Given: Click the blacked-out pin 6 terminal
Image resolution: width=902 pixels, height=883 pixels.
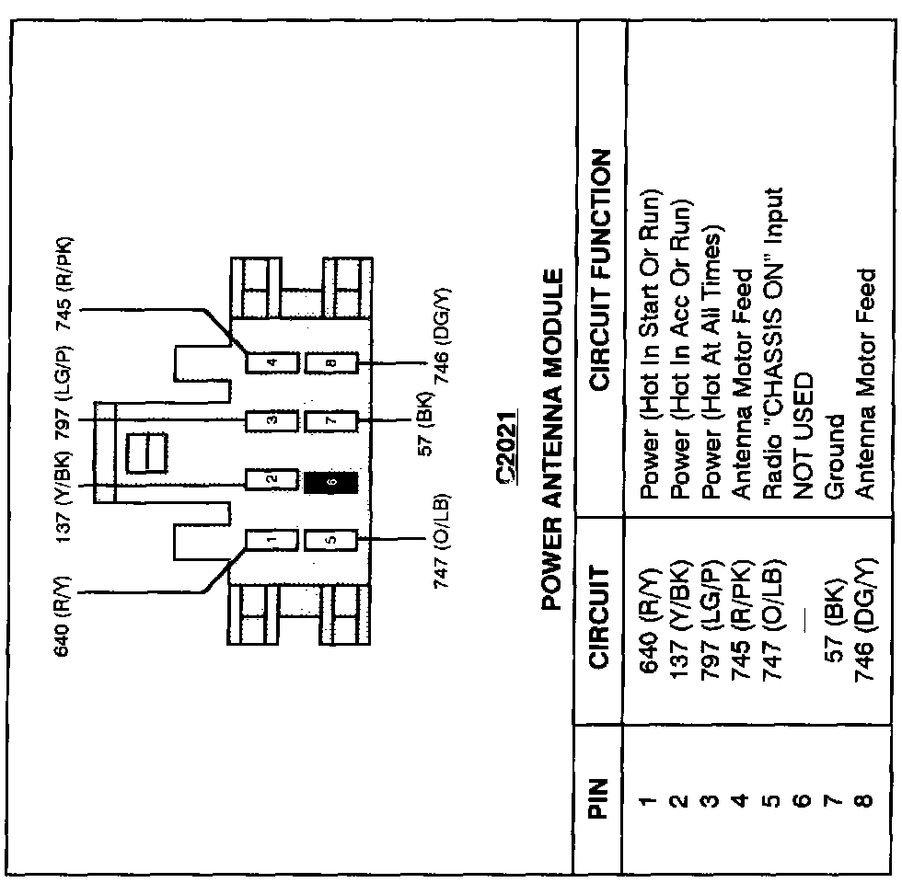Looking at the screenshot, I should click(331, 480).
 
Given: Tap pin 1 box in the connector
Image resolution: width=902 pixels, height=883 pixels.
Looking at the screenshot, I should click(272, 540).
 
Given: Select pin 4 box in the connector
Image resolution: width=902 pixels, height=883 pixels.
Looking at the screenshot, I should click(272, 362).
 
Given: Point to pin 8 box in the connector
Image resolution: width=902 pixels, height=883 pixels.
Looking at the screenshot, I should click(331, 362).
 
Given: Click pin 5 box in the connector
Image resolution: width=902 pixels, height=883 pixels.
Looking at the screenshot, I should click(331, 540).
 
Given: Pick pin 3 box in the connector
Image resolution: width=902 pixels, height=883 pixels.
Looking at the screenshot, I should click(272, 421).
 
